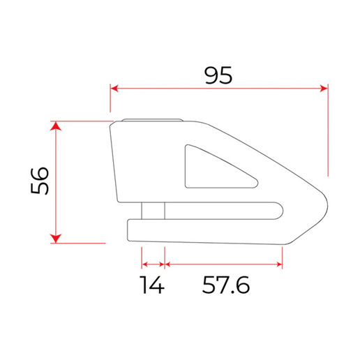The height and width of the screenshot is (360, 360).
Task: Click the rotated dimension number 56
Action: point(40,182)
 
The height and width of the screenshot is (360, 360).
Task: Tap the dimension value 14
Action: point(152,285)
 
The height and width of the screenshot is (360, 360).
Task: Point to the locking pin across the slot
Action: point(153,210)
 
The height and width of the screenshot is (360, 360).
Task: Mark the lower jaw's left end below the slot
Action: point(130,230)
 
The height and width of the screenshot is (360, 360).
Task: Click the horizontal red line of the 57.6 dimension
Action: point(223,264)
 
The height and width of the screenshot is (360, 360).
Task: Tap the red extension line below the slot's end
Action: point(283,257)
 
